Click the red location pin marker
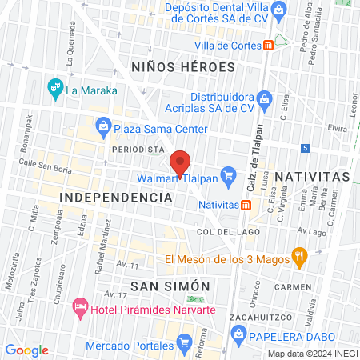point(181,162)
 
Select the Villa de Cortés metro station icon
point(270,46)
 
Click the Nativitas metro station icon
point(247,204)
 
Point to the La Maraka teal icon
point(55,86)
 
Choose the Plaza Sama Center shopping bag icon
point(104,125)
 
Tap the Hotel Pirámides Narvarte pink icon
point(80,306)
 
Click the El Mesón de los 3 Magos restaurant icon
point(301,256)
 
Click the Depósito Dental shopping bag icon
point(279,10)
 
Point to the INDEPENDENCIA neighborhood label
point(117,196)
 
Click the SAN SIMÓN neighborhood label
point(170,286)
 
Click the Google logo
point(27,350)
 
